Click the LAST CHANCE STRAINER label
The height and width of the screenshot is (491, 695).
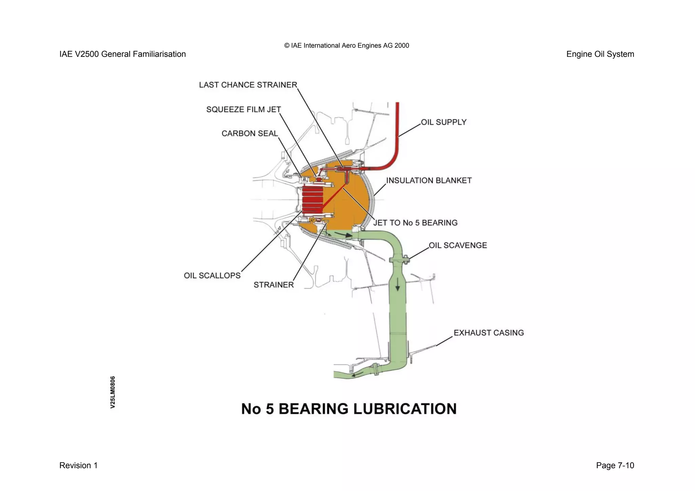tap(248, 85)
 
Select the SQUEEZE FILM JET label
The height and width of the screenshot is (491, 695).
tap(244, 110)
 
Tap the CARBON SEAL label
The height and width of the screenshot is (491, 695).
tap(250, 134)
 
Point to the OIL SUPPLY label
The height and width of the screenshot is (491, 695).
tap(444, 122)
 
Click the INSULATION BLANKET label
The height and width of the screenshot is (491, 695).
tap(429, 181)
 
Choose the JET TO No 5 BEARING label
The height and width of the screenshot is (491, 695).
tap(415, 223)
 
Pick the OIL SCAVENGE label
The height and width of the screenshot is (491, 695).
tap(458, 245)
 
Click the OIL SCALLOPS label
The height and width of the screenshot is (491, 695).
tap(212, 276)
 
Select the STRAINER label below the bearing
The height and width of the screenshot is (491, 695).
tap(274, 285)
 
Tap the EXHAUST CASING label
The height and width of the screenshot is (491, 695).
tap(489, 333)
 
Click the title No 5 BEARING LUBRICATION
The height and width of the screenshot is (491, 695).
tap(349, 409)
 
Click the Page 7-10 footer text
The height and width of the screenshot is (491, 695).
tap(615, 466)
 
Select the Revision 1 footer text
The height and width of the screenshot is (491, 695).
tap(78, 466)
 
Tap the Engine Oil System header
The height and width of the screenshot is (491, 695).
tap(600, 54)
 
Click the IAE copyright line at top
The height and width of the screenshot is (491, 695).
tap(346, 46)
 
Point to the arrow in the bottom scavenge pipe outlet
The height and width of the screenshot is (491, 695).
tap(357, 374)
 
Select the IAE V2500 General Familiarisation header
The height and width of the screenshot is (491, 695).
tap(123, 54)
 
